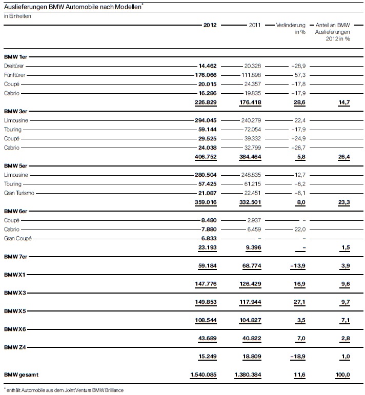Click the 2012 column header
point(210,25)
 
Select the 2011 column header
point(254,25)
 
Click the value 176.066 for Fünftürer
point(207,75)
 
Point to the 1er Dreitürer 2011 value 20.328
point(252,66)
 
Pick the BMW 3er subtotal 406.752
point(206,156)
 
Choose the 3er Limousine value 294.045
point(207,120)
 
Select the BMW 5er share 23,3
point(343,202)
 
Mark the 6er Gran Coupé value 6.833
point(209,238)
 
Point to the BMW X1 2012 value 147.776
point(206,284)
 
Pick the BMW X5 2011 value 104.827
point(250,320)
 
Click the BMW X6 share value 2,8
point(345,339)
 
